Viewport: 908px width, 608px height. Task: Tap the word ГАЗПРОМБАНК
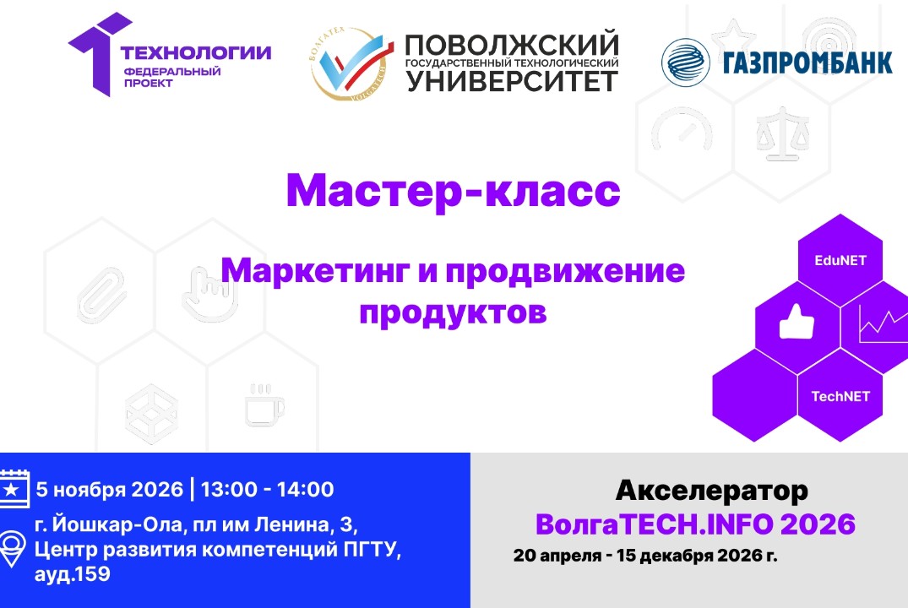click(807, 63)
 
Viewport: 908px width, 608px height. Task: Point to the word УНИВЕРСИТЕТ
click(513, 81)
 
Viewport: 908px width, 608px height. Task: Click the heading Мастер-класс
click(454, 192)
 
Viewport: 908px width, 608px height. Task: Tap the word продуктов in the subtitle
click(454, 312)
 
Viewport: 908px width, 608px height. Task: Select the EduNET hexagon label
click(840, 260)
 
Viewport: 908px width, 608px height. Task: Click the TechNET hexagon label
click(840, 396)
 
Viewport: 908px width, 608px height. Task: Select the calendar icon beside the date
click(14, 489)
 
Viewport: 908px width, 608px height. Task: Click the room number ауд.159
click(72, 574)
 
